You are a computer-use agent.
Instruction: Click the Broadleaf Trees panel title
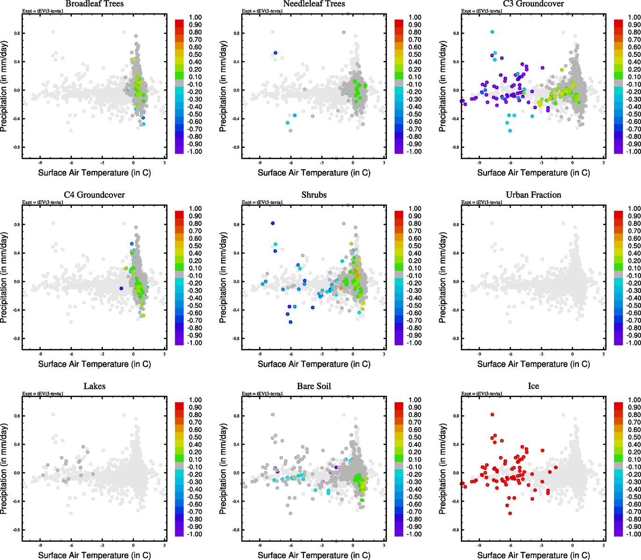click(x=94, y=4)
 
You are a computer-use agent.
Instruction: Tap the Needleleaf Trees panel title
click(x=314, y=4)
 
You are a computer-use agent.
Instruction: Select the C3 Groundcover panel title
click(x=533, y=4)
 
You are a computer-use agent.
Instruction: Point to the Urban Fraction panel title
click(x=533, y=195)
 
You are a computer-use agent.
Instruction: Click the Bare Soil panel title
click(x=314, y=386)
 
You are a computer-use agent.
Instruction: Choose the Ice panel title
click(x=533, y=386)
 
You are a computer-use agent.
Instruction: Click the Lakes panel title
click(x=94, y=386)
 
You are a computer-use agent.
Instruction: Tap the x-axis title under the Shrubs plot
click(x=314, y=364)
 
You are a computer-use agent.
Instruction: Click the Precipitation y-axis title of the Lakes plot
click(x=4, y=469)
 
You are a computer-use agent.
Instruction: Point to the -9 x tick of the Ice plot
click(x=479, y=545)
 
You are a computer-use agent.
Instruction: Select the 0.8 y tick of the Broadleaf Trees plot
click(x=16, y=33)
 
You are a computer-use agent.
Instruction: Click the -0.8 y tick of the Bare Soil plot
click(x=236, y=530)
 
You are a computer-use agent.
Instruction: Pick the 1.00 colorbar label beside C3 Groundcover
click(x=634, y=17)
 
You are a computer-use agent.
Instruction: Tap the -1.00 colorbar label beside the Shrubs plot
click(x=415, y=343)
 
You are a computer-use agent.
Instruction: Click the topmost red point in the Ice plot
click(x=492, y=414)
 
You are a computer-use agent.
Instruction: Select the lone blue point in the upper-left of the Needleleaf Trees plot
click(x=275, y=53)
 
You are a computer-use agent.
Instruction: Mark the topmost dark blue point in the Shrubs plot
click(x=273, y=223)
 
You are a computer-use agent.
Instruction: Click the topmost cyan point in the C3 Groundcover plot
click(x=492, y=32)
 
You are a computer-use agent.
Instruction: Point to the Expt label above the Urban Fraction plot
click(x=482, y=202)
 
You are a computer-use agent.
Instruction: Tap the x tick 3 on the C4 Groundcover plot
click(x=164, y=354)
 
